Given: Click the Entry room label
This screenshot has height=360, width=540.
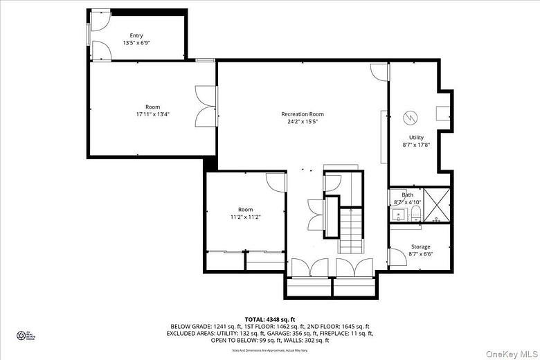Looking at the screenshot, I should pos(136,35).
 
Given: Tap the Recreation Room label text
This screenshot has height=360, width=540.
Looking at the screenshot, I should pos(302,114).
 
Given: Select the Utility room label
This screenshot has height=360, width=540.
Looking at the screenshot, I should pos(416,137).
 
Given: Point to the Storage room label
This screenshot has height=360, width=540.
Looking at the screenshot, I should pos(420,246).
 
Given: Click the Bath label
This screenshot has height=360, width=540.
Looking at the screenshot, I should pos(407,195).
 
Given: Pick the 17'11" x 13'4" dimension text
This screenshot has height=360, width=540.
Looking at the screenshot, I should pos(152,114).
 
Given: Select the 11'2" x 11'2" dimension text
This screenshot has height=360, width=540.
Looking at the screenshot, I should pos(245,217).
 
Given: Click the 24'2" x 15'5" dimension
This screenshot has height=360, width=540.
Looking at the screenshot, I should pos(302,122).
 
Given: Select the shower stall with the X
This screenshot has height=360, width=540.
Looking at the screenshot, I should pos(436,205).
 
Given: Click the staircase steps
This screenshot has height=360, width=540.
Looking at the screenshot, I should pos(351,231).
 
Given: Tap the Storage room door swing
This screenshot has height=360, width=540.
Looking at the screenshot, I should pos(397,258).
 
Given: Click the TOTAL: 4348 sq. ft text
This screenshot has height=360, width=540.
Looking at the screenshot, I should pos(270,319).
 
